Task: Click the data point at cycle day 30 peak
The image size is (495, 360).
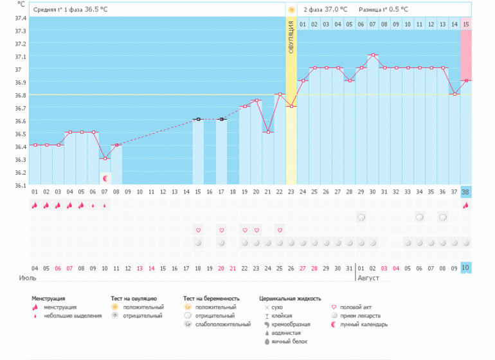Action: (x=373, y=55)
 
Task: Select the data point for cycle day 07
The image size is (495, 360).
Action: (x=105, y=158)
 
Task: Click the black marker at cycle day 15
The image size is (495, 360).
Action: (x=198, y=119)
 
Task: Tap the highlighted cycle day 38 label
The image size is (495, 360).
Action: (x=466, y=192)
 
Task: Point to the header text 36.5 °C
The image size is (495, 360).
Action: (x=98, y=10)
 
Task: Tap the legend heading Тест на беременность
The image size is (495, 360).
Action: (x=212, y=298)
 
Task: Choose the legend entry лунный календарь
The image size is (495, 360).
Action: (x=364, y=325)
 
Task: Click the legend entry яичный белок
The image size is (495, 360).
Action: (x=287, y=341)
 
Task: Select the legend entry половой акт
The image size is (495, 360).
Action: (x=357, y=308)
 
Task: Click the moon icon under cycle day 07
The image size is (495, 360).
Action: (x=105, y=177)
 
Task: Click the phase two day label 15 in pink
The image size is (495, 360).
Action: (x=466, y=24)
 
